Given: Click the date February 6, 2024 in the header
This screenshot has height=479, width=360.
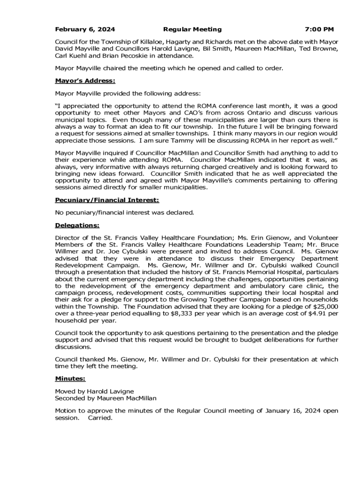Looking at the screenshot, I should (x=85, y=29).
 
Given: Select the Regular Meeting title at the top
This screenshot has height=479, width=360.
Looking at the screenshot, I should (x=192, y=29).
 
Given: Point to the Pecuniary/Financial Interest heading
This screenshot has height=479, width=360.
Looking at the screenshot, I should (x=107, y=200).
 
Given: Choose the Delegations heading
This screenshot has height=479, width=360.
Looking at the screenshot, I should (x=77, y=225).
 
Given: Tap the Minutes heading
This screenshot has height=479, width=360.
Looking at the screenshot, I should (x=70, y=378).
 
